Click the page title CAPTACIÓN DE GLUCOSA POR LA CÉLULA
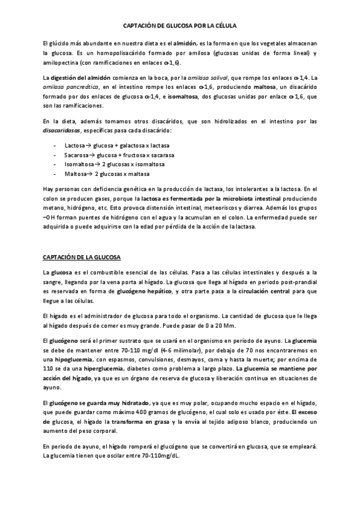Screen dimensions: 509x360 pos(180,26)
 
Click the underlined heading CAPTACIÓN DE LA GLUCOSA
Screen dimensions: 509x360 pos(82,258)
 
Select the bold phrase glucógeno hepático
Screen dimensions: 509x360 pos(143,291)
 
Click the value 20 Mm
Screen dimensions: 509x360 pos(226,325)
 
